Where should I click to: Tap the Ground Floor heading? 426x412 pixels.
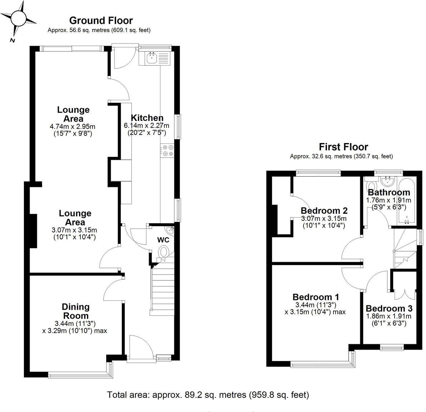coord(101,21)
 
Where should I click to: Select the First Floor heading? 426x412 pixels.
coord(343,147)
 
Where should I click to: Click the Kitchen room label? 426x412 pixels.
coord(147,118)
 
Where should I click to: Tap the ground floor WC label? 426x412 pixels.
coord(163,240)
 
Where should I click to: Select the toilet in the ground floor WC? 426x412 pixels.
coord(164,253)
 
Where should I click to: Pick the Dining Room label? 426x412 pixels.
coord(76,311)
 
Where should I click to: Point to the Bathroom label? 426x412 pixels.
coord(389,193)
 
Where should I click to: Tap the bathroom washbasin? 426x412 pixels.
coord(386,182)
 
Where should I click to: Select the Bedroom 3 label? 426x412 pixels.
coord(389,309)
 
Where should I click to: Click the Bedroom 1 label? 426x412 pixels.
coord(316,297)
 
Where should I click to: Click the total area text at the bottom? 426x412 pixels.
coord(208,395)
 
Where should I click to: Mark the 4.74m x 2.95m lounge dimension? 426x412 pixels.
coord(73,126)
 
